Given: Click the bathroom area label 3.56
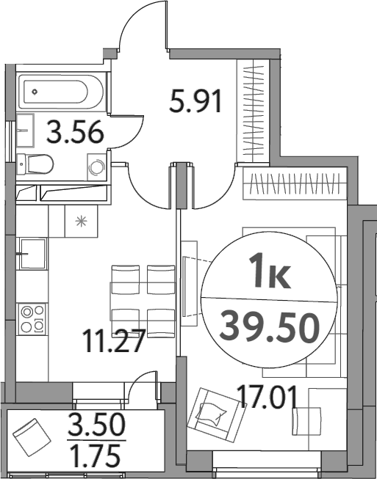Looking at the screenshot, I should click(73, 133).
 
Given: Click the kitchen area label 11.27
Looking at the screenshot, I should click(113, 342).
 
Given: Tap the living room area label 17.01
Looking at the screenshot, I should click(268, 399).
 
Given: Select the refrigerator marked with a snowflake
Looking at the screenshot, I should click(80, 220).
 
